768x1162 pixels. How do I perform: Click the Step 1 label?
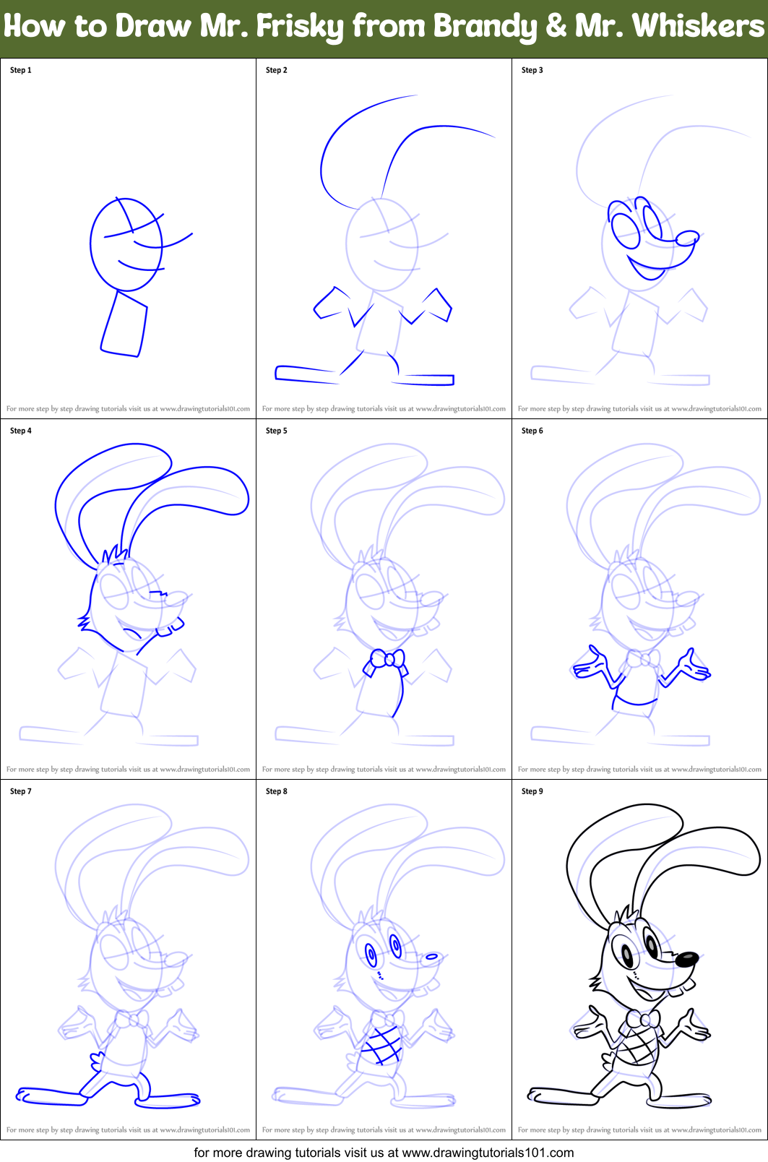(x=20, y=70)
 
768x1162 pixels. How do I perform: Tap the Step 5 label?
(x=276, y=431)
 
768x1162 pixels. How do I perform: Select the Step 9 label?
(x=532, y=791)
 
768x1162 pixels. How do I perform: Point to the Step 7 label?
(x=20, y=791)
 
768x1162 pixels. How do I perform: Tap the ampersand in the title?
(x=556, y=27)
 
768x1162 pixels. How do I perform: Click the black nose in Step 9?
(x=686, y=959)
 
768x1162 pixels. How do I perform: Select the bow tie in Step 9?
(x=642, y=1020)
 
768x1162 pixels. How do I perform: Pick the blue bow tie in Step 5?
(x=387, y=660)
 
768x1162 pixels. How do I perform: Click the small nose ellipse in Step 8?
(x=431, y=957)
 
